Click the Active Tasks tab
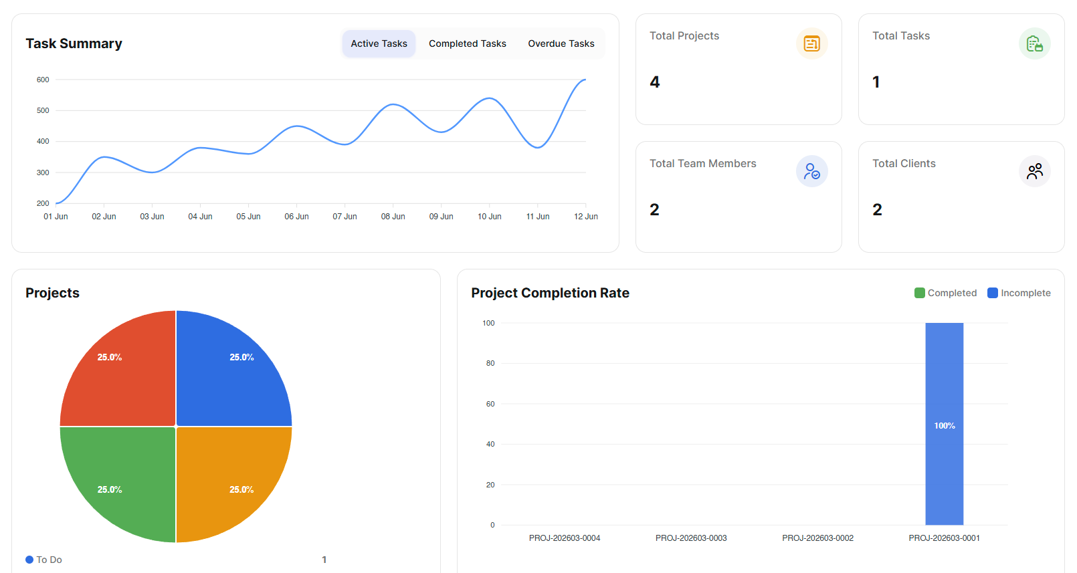[x=379, y=43]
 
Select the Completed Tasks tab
[x=467, y=43]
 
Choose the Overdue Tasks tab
[x=561, y=43]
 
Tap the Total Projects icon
[x=811, y=43]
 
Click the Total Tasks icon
[x=1034, y=43]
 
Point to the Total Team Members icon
[x=811, y=171]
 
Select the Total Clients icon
[x=1034, y=171]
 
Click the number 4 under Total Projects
[x=655, y=82]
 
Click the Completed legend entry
[x=945, y=293]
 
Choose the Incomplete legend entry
[x=1019, y=293]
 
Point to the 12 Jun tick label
[x=585, y=217]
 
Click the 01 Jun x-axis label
[x=56, y=217]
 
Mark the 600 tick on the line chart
[x=43, y=80]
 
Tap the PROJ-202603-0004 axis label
[x=564, y=538]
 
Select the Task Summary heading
[x=74, y=43]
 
